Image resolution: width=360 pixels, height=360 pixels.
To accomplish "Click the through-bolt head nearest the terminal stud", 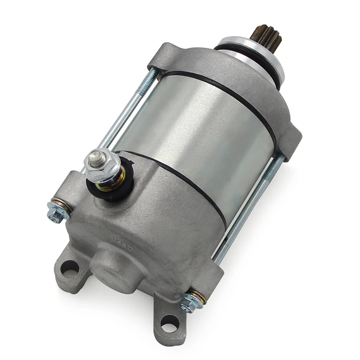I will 56,212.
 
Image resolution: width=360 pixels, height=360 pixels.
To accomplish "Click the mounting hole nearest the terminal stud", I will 70,268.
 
